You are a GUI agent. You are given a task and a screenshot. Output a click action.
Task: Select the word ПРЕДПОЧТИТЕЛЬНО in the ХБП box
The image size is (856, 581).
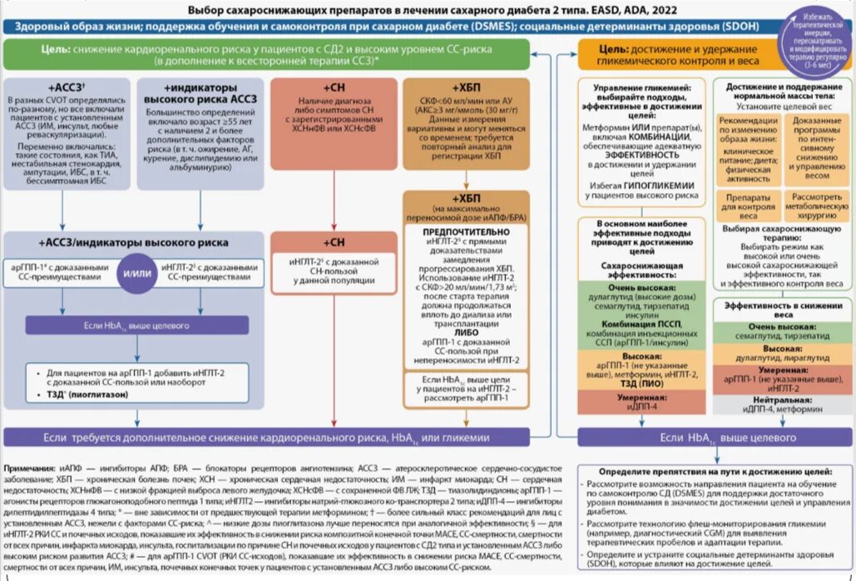tap(466, 231)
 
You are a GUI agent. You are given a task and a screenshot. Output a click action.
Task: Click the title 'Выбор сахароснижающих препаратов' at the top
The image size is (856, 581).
tap(333, 10)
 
